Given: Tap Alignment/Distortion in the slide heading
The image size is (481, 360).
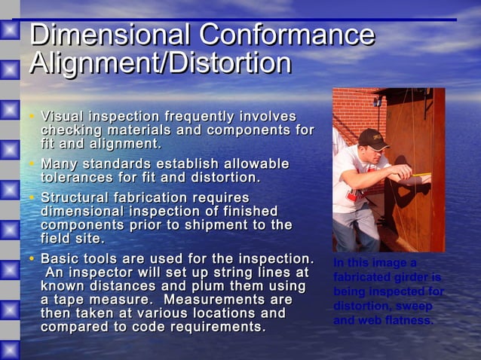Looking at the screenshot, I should (160, 63).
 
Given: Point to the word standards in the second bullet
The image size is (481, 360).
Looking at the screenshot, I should (121, 163).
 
